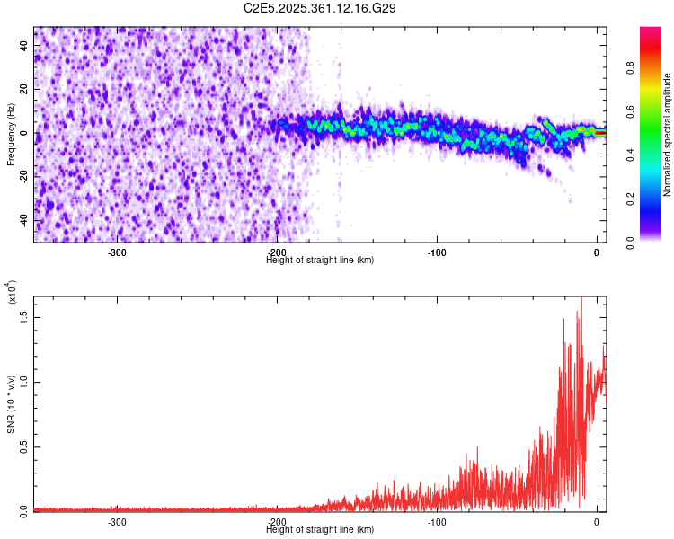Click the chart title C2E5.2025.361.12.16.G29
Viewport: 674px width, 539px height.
tap(320, 8)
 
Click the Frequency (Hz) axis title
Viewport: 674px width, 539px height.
tap(11, 135)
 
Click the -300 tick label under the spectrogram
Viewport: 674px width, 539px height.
tap(117, 252)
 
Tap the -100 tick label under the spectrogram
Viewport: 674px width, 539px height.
tap(437, 252)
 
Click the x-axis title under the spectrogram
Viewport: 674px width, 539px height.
tap(320, 261)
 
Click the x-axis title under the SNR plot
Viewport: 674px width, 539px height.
tap(320, 530)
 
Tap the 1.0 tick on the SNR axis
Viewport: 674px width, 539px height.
tap(22, 382)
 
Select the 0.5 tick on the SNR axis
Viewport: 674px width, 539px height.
tap(22, 446)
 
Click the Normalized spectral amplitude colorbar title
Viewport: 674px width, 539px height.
tap(668, 135)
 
